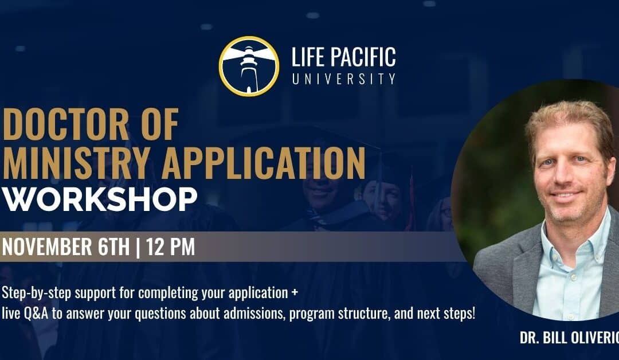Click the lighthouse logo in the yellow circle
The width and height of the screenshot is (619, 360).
pos(249,66)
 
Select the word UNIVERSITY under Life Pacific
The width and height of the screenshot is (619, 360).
pos(343,78)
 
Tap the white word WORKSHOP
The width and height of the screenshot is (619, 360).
pos(100,199)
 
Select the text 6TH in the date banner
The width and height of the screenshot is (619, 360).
pos(112,246)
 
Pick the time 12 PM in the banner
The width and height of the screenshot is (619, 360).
pos(170,246)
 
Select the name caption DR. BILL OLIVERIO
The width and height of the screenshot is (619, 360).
pos(567,338)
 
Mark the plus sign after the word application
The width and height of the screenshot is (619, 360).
pos(295,294)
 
